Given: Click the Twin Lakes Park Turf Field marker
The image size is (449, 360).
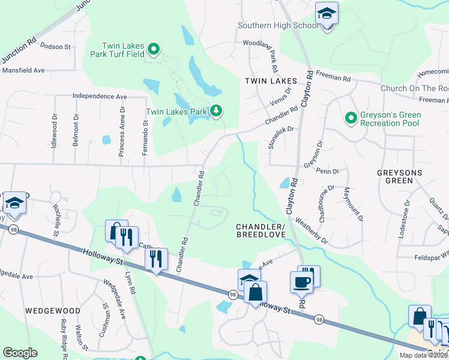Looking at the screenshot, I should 153,49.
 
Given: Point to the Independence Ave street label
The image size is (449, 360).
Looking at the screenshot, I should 100,96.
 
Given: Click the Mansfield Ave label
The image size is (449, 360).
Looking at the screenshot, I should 24,70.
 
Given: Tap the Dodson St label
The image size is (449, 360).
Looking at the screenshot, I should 56,46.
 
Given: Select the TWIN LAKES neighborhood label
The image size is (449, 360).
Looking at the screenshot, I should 271,80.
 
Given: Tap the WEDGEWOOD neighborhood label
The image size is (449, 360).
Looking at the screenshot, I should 53,311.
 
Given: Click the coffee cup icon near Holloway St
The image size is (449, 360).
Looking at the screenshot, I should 301,281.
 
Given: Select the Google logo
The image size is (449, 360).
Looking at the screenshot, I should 20,353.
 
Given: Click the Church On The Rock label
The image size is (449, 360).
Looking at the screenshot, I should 414,89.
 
